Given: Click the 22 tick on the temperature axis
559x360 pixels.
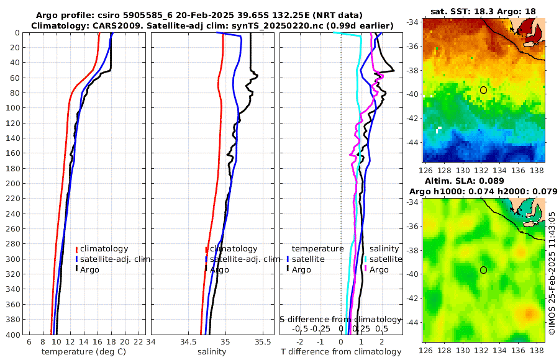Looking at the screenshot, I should [x=139, y=342].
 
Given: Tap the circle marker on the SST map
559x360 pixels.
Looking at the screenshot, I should [x=483, y=90].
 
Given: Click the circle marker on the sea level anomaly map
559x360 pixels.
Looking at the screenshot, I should [x=483, y=270].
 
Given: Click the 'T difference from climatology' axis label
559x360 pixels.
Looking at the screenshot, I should [x=342, y=352].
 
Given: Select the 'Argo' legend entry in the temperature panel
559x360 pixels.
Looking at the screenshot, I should [x=89, y=269].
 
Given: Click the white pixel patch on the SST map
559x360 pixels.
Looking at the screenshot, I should [x=439, y=130].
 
